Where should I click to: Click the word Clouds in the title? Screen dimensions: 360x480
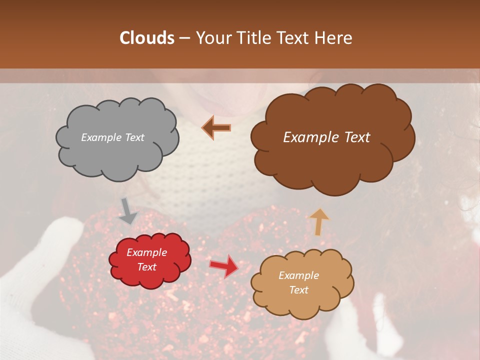[147, 38]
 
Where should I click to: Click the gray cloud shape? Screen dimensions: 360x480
[117, 150]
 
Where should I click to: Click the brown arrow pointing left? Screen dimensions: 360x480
[216, 128]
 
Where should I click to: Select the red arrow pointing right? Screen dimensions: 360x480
[223, 266]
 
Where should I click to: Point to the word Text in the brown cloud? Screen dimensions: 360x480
[353, 137]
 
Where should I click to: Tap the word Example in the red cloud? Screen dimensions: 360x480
[147, 252]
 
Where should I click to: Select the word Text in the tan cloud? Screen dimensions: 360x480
[298, 290]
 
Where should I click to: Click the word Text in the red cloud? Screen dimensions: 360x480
[147, 267]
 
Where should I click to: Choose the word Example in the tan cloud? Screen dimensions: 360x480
[298, 275]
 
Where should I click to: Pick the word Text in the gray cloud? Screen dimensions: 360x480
[134, 137]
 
